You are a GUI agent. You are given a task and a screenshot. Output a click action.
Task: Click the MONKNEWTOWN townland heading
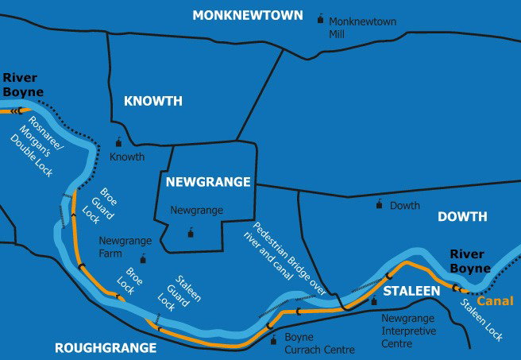(x=247, y=15)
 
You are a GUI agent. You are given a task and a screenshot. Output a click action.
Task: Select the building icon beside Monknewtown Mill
(x=320, y=18)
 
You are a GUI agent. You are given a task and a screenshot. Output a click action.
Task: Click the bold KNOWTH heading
(x=153, y=101)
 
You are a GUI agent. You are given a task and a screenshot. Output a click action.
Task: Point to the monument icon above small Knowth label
(x=119, y=142)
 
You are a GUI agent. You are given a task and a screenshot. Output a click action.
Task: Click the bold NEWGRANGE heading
(x=208, y=182)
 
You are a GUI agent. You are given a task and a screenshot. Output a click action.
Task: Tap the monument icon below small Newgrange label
(x=190, y=233)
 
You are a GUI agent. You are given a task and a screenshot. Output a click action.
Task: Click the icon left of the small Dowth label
(x=379, y=203)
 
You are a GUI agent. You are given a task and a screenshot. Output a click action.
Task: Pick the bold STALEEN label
(x=411, y=292)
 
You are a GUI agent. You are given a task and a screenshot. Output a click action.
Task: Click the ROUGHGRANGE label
(x=105, y=348)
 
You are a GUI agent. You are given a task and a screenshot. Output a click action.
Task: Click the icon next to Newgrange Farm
(x=143, y=258)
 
